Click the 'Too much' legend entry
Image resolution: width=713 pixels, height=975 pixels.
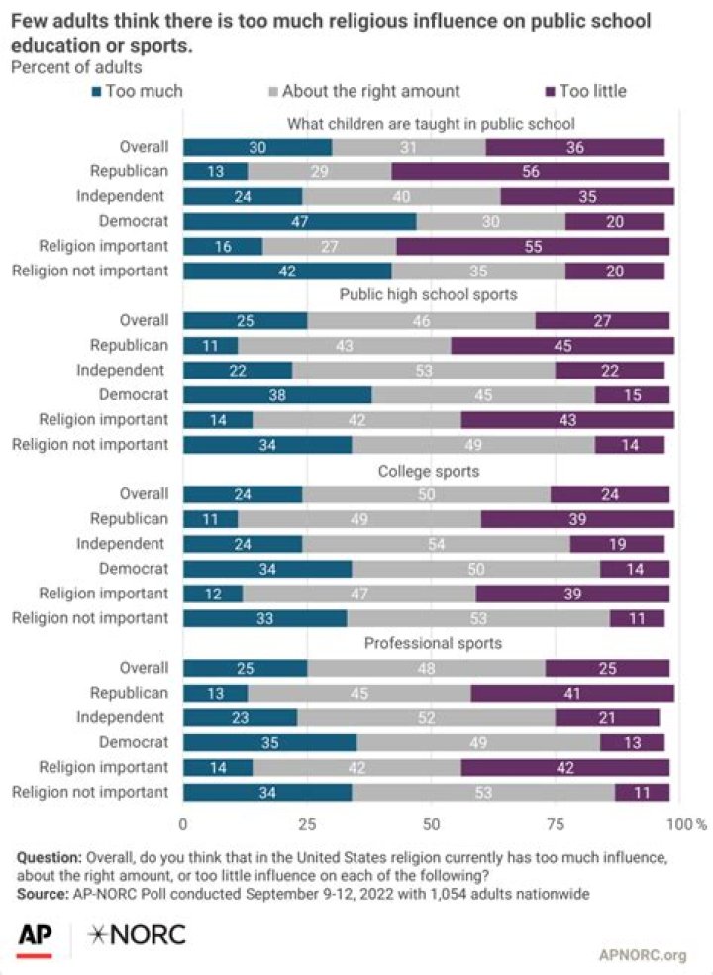(x=138, y=91)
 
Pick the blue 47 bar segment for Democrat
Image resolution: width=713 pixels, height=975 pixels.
(x=299, y=221)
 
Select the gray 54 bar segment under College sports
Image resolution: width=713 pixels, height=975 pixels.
(x=436, y=543)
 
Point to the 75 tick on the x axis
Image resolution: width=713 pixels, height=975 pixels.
(x=555, y=823)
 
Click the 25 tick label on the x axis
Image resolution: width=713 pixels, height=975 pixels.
(x=307, y=823)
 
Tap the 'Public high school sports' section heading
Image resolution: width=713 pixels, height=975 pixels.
(x=429, y=295)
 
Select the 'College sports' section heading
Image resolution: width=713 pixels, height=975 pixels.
(x=429, y=470)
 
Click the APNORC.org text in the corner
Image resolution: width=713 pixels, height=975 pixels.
(x=643, y=955)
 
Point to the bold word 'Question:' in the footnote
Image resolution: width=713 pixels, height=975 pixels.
(x=51, y=854)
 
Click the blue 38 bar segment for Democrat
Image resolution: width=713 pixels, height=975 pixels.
(x=277, y=394)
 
